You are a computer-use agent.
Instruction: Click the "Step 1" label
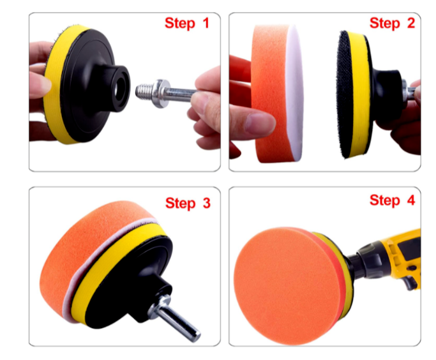pyautogui.click(x=186, y=24)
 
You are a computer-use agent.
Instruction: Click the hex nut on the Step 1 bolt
pyautogui.click(x=161, y=90)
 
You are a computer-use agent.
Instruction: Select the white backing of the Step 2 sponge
pyautogui.click(x=294, y=96)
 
